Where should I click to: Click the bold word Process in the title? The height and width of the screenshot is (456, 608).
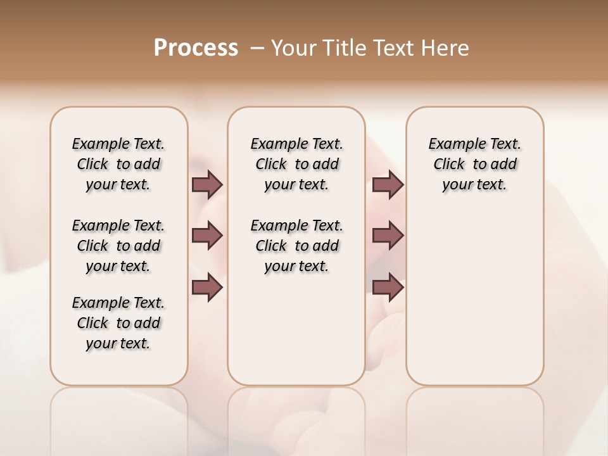pos(196,48)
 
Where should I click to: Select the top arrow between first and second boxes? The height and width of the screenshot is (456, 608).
pos(207,184)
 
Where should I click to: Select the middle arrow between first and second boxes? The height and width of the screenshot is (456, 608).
pos(207,236)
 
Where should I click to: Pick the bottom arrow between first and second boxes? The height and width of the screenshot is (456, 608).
pos(207,288)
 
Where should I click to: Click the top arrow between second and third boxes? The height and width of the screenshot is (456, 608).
pos(388,184)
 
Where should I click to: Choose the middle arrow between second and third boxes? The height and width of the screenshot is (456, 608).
pos(388,236)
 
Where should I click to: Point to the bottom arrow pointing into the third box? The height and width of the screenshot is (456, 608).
pos(388,288)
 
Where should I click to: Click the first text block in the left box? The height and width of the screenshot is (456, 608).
pos(118,164)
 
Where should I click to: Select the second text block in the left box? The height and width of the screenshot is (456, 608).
pos(118,246)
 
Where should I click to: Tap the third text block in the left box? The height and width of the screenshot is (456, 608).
pos(118,323)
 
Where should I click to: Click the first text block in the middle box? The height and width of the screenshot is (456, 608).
pos(296,164)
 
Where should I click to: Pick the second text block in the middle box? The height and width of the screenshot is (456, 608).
pos(296,246)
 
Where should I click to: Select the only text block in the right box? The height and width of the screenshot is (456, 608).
pos(474,164)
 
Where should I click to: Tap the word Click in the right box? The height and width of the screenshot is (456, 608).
pos(449,165)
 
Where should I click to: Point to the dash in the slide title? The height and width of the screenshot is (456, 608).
pos(257,48)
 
